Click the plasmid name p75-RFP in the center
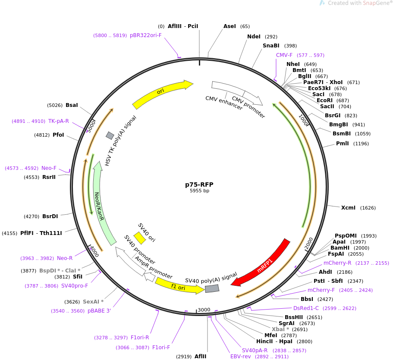click(x=199, y=185)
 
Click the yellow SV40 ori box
click(x=139, y=238)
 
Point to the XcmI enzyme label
click(x=348, y=208)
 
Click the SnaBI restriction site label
click(x=271, y=46)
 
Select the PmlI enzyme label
click(x=343, y=144)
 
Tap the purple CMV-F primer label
click(x=284, y=55)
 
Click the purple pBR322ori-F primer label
click(x=145, y=35)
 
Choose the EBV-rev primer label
click(x=240, y=357)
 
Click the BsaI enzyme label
click(x=72, y=105)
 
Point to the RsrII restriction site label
click(x=49, y=177)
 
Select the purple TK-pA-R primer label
click(x=58, y=121)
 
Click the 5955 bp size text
click(x=199, y=191)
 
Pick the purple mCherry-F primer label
click(x=321, y=290)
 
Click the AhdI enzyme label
click(x=325, y=272)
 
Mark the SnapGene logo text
click(x=356, y=3)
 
